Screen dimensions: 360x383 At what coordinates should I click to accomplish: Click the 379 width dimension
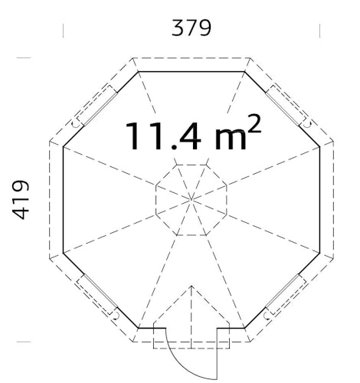[191, 28]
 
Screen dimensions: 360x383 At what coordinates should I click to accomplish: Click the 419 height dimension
[21, 200]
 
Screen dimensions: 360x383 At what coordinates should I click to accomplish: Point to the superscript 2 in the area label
[254, 123]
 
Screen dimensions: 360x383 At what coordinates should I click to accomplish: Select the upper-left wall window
[97, 106]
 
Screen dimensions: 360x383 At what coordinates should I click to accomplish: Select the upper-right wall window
[286, 106]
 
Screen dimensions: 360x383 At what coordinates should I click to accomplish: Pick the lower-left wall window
[97, 294]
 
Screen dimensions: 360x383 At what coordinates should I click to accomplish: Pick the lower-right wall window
[286, 294]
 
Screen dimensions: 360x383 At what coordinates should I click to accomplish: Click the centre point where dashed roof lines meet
[191, 200]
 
